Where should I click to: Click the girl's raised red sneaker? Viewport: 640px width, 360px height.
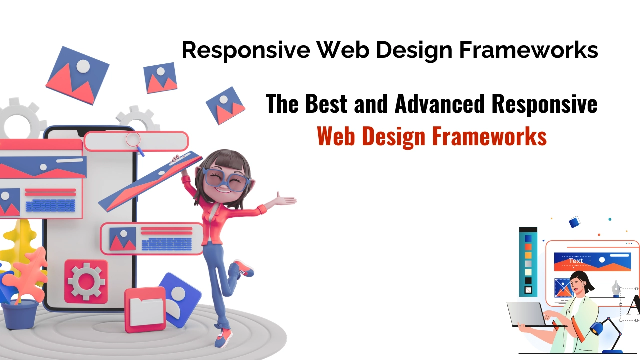(x=244, y=268)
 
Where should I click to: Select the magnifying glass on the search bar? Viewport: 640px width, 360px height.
(x=133, y=140)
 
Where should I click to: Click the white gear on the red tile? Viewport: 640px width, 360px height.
(x=86, y=281)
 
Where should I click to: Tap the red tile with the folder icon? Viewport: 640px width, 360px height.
(x=145, y=309)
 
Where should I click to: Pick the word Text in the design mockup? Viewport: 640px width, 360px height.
(x=576, y=261)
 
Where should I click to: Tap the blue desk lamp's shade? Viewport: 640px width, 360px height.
(x=597, y=328)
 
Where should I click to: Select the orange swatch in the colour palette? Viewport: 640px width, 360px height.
(x=528, y=255)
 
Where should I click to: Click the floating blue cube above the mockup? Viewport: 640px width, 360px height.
(x=574, y=222)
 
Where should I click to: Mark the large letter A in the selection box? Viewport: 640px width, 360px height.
(x=633, y=305)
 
